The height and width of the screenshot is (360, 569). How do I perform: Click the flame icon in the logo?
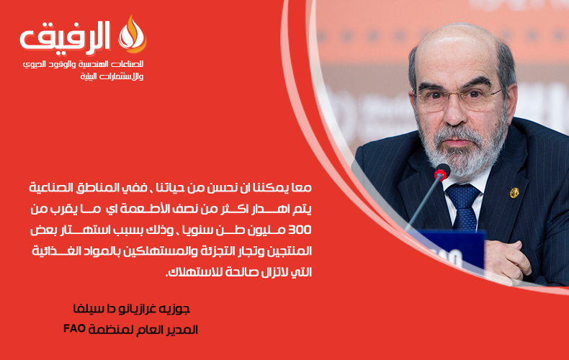pos(133,35)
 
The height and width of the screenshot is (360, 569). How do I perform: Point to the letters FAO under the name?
pos(74,328)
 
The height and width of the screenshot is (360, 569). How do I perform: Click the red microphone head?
pos(442,172)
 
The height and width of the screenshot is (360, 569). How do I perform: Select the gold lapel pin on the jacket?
pos(514,193)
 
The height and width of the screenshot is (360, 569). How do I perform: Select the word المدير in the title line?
pos(184,330)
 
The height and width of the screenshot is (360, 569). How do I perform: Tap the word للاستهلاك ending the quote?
pos(192,272)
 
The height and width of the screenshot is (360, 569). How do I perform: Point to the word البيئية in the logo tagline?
pos(89,76)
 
